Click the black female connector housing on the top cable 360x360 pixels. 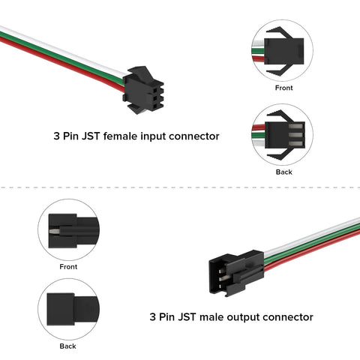coord(140,88)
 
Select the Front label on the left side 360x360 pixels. coord(68,266)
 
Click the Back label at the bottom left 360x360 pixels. coord(68,346)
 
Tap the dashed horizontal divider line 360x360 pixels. coord(180,188)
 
